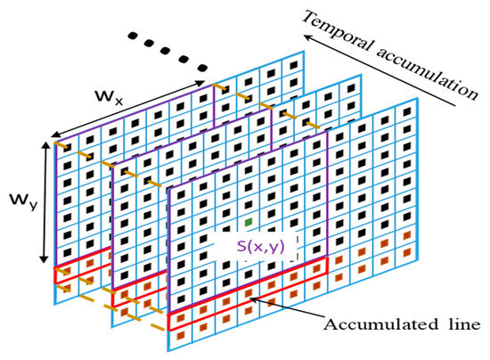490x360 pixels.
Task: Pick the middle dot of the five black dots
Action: pyautogui.click(x=167, y=52)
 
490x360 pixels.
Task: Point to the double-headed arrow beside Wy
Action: pyautogui.click(x=41, y=204)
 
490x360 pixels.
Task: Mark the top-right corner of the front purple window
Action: pyautogui.click(x=327, y=130)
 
